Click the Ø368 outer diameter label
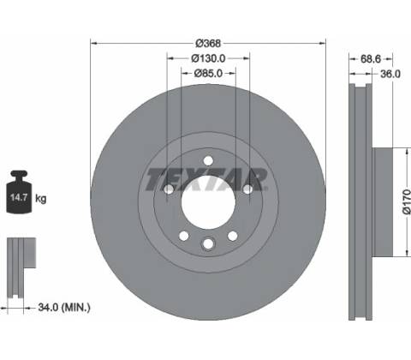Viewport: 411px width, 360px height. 208,44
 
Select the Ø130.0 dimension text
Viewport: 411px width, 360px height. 208,58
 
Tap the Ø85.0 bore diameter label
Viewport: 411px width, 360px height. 208,74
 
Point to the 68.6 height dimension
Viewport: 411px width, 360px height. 371,59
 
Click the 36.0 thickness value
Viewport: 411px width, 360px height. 390,74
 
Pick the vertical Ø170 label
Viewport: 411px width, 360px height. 407,202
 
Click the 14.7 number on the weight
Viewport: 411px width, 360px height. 19,197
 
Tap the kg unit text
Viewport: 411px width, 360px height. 40,198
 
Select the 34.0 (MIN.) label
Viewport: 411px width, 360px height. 64,308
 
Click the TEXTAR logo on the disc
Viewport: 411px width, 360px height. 206,179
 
